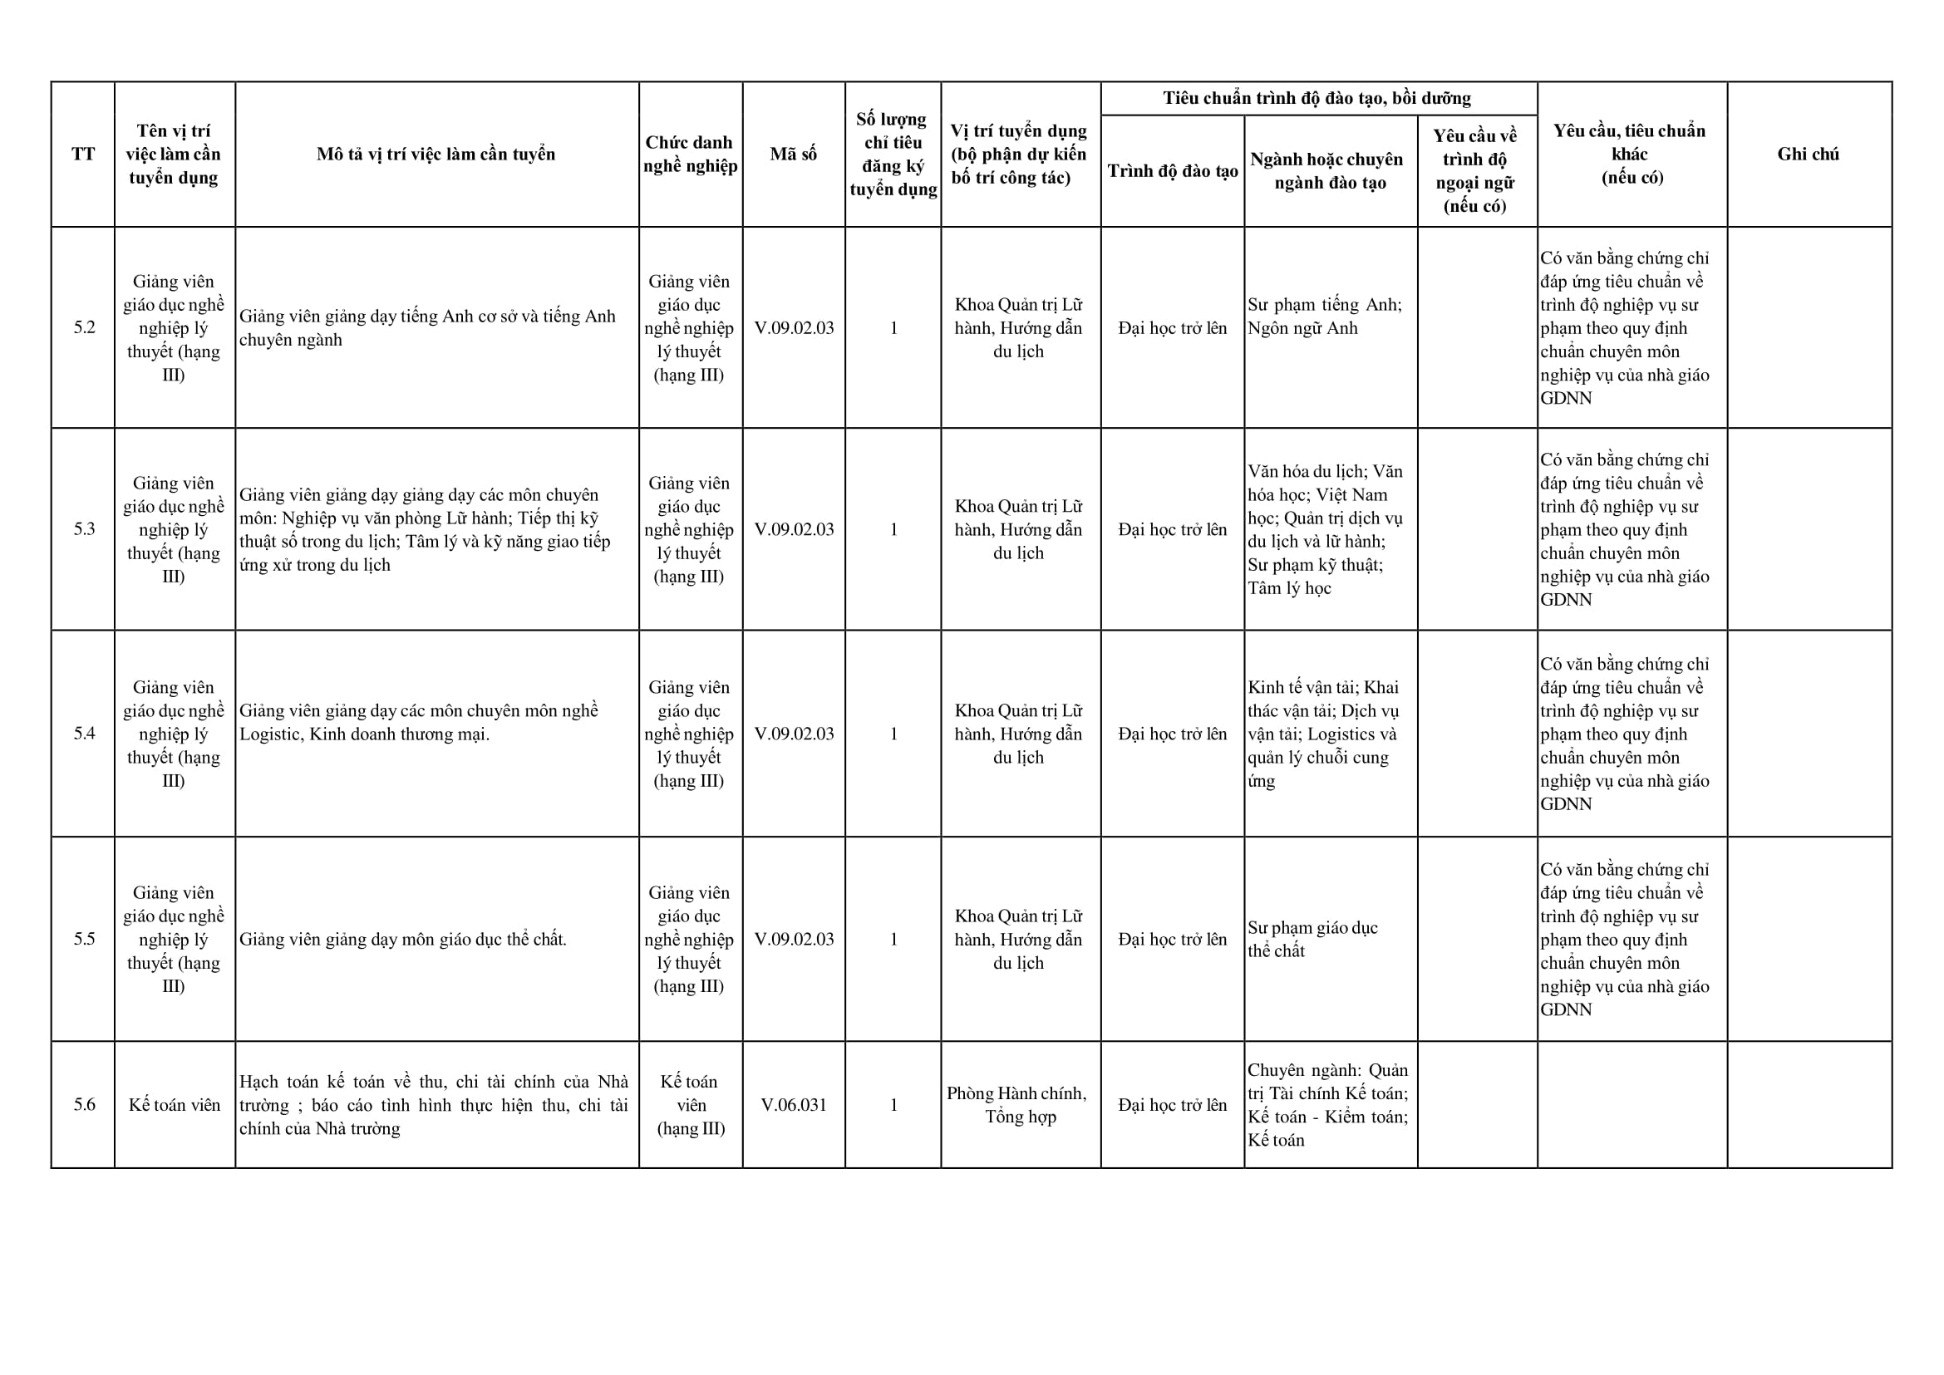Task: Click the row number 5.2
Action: point(84,327)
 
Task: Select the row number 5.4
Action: point(84,734)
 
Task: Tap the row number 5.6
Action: point(84,1104)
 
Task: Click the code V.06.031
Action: point(793,1104)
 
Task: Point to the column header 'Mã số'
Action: point(793,154)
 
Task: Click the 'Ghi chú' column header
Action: point(1808,154)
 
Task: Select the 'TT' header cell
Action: point(83,154)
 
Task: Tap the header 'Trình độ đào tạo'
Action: point(1173,171)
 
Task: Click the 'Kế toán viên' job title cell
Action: point(175,1104)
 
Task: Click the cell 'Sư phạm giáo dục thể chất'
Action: point(1312,939)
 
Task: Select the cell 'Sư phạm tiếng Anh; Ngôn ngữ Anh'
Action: point(1324,316)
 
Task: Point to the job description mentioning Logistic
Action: point(418,722)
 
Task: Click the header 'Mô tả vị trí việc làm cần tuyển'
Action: point(436,154)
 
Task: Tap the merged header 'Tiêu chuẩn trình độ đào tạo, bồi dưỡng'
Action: point(1317,98)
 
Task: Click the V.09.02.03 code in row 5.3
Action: point(793,529)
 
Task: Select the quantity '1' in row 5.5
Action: point(893,939)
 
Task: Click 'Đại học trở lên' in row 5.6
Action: point(1173,1104)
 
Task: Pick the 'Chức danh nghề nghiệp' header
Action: point(690,154)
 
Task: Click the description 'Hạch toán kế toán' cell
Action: point(433,1104)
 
